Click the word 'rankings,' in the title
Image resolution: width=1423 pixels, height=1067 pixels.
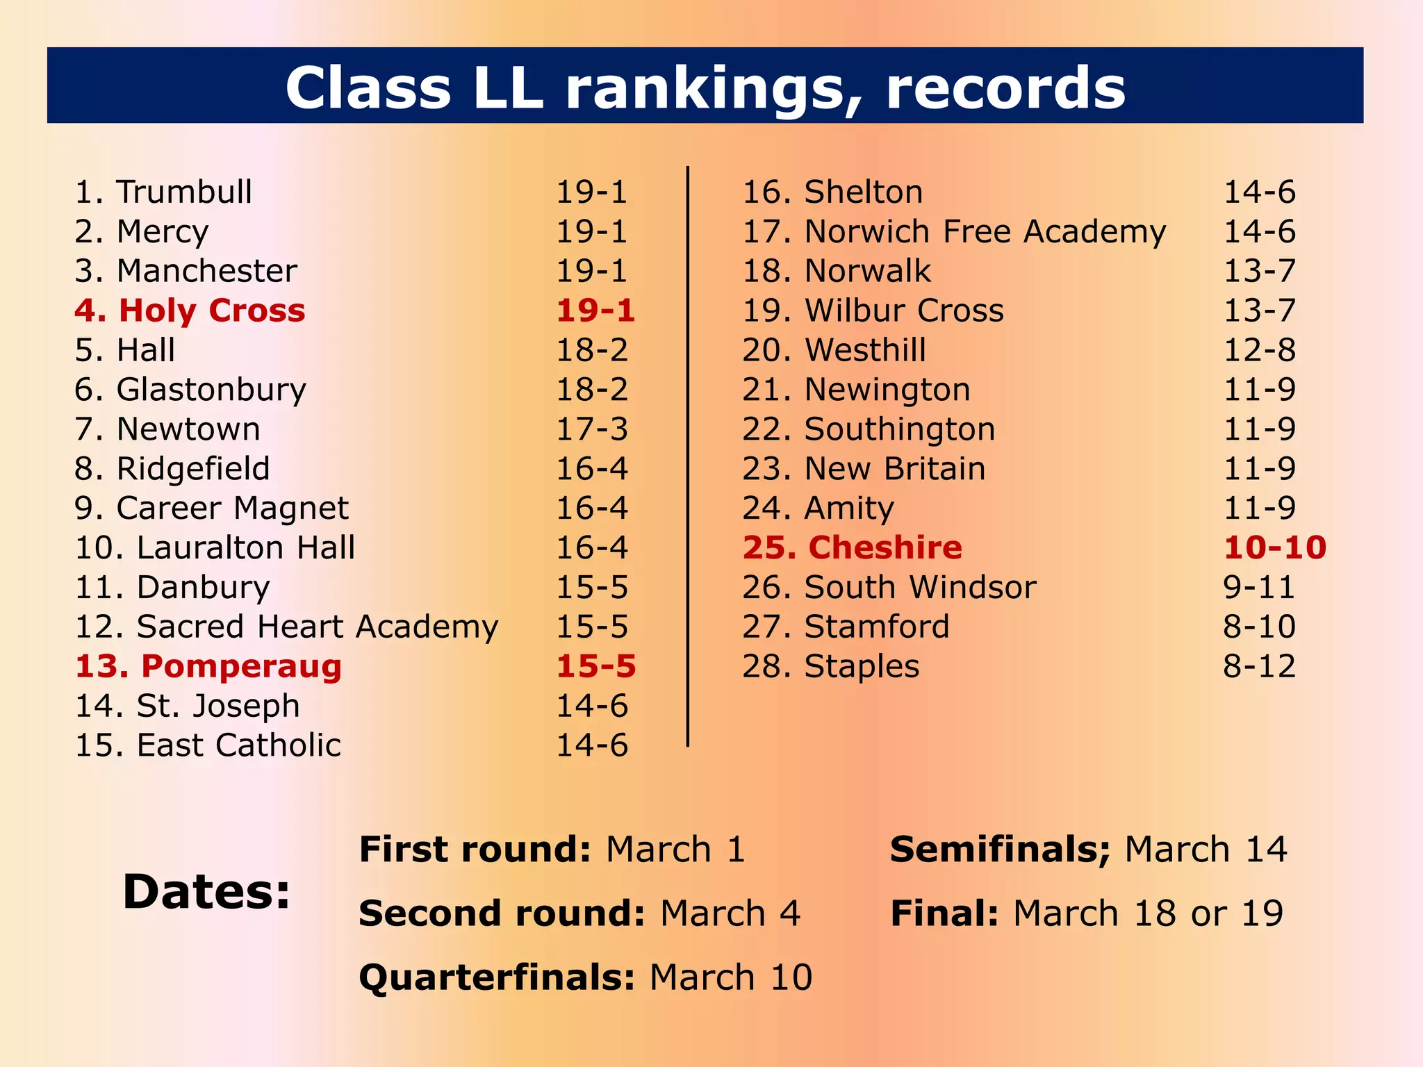[716, 89]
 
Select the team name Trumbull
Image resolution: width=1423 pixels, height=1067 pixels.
[184, 192]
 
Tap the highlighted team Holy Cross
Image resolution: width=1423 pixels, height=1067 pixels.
[211, 311]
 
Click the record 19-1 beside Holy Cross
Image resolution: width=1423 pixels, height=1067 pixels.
[595, 311]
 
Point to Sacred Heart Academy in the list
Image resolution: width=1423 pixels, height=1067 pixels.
[318, 627]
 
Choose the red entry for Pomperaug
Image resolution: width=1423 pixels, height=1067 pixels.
[241, 666]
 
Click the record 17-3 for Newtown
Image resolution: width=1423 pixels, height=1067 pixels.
[592, 429]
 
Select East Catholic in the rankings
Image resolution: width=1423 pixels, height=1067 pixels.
[239, 745]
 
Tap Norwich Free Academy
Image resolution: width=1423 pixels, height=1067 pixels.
[985, 231]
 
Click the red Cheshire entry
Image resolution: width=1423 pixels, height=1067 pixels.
[885, 547]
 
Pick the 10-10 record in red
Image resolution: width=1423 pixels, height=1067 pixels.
[1275, 547]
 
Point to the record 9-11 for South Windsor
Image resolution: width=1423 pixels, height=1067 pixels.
[1259, 587]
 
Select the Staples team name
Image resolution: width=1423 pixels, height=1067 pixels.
[862, 666]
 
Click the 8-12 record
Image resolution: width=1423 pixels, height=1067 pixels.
[1259, 666]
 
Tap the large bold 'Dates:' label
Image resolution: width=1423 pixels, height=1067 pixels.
[206, 892]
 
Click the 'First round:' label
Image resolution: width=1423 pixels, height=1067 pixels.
[475, 850]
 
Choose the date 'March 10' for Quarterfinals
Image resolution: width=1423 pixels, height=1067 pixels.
[730, 977]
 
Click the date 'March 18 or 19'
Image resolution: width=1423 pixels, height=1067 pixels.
[1148, 913]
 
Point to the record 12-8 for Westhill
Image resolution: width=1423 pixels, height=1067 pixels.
[1259, 350]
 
